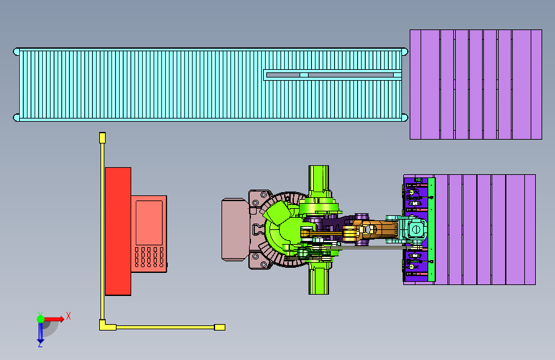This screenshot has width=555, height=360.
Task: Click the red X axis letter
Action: [x=68, y=316]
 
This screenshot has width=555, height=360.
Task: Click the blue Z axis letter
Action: [x=40, y=344]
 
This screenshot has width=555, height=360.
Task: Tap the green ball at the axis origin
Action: [x=41, y=319]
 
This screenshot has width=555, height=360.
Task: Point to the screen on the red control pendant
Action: [x=149, y=222]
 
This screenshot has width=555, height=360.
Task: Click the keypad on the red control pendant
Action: [x=149, y=257]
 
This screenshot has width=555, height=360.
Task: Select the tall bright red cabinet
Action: [x=118, y=231]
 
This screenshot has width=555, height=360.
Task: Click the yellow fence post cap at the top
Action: [x=102, y=138]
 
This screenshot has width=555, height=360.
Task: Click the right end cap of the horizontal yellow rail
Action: [x=220, y=327]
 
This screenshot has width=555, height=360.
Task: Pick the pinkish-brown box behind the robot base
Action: [x=235, y=229]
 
